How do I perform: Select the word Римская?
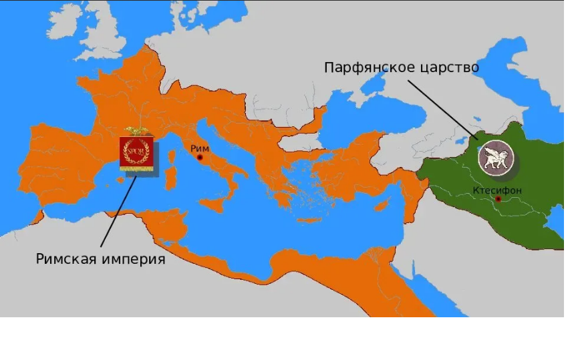[67, 259]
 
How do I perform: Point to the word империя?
[132, 259]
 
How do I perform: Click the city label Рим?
[200, 148]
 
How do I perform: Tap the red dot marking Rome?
[200, 158]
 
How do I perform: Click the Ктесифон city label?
[497, 190]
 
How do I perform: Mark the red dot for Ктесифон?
[498, 199]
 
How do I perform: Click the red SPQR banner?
[136, 153]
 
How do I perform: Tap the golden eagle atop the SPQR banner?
[136, 132]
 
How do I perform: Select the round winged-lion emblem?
[495, 158]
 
